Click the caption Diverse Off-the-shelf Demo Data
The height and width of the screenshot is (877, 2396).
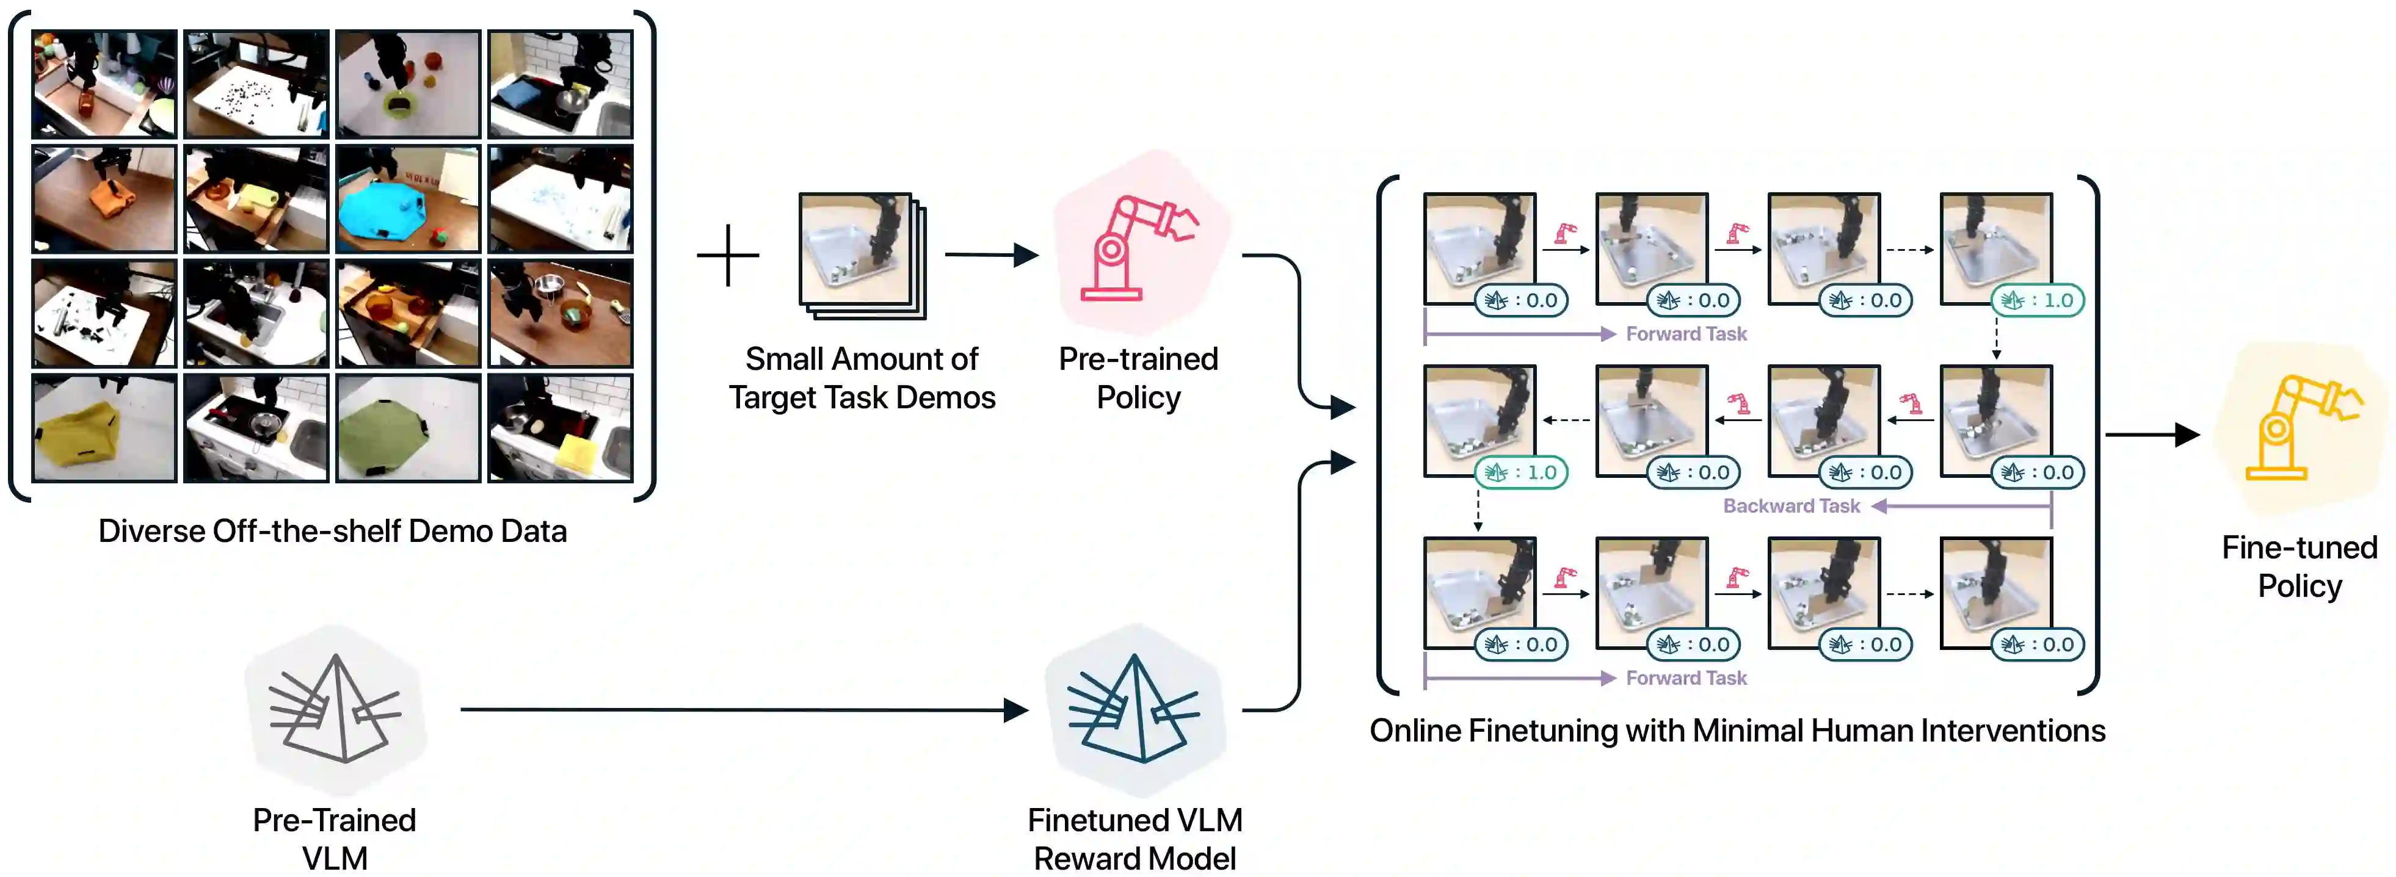tap(332, 531)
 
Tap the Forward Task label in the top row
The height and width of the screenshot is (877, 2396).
tap(1685, 334)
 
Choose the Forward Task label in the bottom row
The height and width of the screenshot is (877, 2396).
tap(1685, 678)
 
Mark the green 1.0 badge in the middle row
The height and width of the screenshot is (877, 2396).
tap(1521, 472)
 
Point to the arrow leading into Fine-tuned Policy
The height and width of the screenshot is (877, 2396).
tap(2151, 435)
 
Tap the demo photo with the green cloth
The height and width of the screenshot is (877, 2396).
tap(407, 428)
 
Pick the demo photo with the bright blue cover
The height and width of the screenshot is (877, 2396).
tap(407, 199)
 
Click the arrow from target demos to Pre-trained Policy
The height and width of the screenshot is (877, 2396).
tap(990, 254)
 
